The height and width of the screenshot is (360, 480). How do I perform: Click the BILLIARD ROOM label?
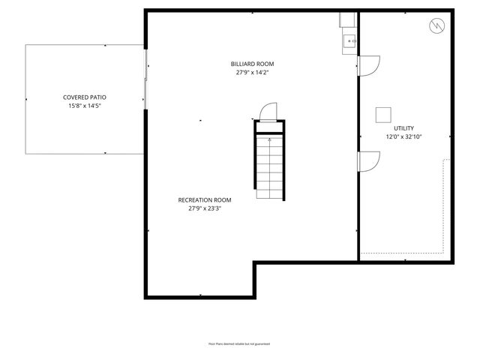(x=250, y=64)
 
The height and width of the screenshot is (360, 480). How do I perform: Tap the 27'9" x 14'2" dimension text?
(x=250, y=73)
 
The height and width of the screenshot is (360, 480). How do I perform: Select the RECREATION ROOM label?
(x=204, y=200)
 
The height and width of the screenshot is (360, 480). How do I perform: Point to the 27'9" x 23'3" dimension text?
(x=204, y=209)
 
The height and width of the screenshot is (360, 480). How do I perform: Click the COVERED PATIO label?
(x=84, y=97)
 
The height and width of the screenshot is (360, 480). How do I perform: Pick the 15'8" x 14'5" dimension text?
(x=84, y=106)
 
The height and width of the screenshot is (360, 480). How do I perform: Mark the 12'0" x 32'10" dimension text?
(x=403, y=137)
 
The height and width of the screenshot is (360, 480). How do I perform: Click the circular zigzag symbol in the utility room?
(x=436, y=27)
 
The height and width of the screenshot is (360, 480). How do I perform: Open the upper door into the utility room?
(x=367, y=66)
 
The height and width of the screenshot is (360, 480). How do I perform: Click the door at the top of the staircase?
(x=268, y=112)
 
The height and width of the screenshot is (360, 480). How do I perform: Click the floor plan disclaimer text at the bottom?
(x=239, y=343)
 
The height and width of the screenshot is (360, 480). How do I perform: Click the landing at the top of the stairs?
(x=268, y=127)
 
